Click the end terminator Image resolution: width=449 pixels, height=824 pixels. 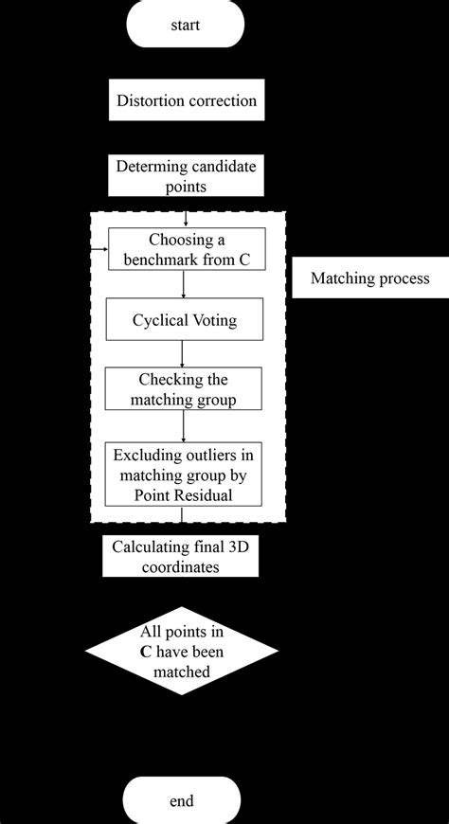[183, 800]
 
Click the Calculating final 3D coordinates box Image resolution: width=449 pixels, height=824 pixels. [180, 557]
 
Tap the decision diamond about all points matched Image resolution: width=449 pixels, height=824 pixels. [183, 652]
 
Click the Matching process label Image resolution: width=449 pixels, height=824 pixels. [369, 278]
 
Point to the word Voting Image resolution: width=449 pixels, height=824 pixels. [211, 321]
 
